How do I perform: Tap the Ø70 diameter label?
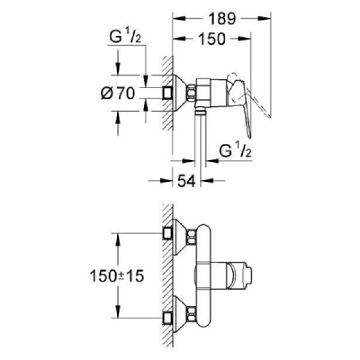(x=118, y=93)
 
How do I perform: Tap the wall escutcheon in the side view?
(x=179, y=92)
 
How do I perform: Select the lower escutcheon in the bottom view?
(x=179, y=311)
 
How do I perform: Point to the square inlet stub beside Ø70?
(x=168, y=92)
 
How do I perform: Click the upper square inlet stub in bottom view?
(x=168, y=234)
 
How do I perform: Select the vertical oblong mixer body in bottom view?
(x=205, y=273)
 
